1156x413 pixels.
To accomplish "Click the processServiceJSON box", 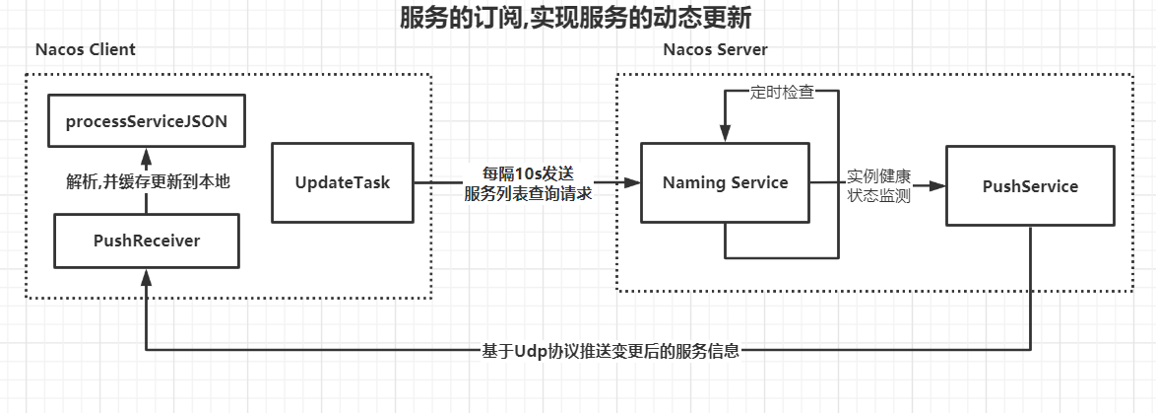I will tap(147, 122).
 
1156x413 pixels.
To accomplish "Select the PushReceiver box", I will tap(147, 241).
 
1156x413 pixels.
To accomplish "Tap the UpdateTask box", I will tap(343, 182).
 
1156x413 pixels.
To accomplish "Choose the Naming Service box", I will tap(725, 182).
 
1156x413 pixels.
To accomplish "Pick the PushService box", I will tap(1030, 186).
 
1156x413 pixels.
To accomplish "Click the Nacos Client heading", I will tap(86, 49).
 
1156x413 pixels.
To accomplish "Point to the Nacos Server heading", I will tap(716, 49).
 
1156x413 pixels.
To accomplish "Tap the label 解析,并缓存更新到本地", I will tap(148, 181).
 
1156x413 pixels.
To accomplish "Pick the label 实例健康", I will tap(879, 176).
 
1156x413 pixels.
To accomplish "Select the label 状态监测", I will tap(879, 196).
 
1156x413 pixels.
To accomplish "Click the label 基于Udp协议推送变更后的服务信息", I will tap(610, 350).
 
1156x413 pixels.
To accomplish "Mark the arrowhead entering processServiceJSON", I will tap(147, 156).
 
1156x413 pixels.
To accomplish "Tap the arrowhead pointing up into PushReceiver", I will tap(147, 275).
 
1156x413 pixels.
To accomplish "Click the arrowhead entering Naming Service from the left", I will tap(634, 182).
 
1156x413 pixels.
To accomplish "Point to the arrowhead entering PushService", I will tap(938, 186).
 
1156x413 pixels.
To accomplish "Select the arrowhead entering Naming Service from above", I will tap(725, 136).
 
